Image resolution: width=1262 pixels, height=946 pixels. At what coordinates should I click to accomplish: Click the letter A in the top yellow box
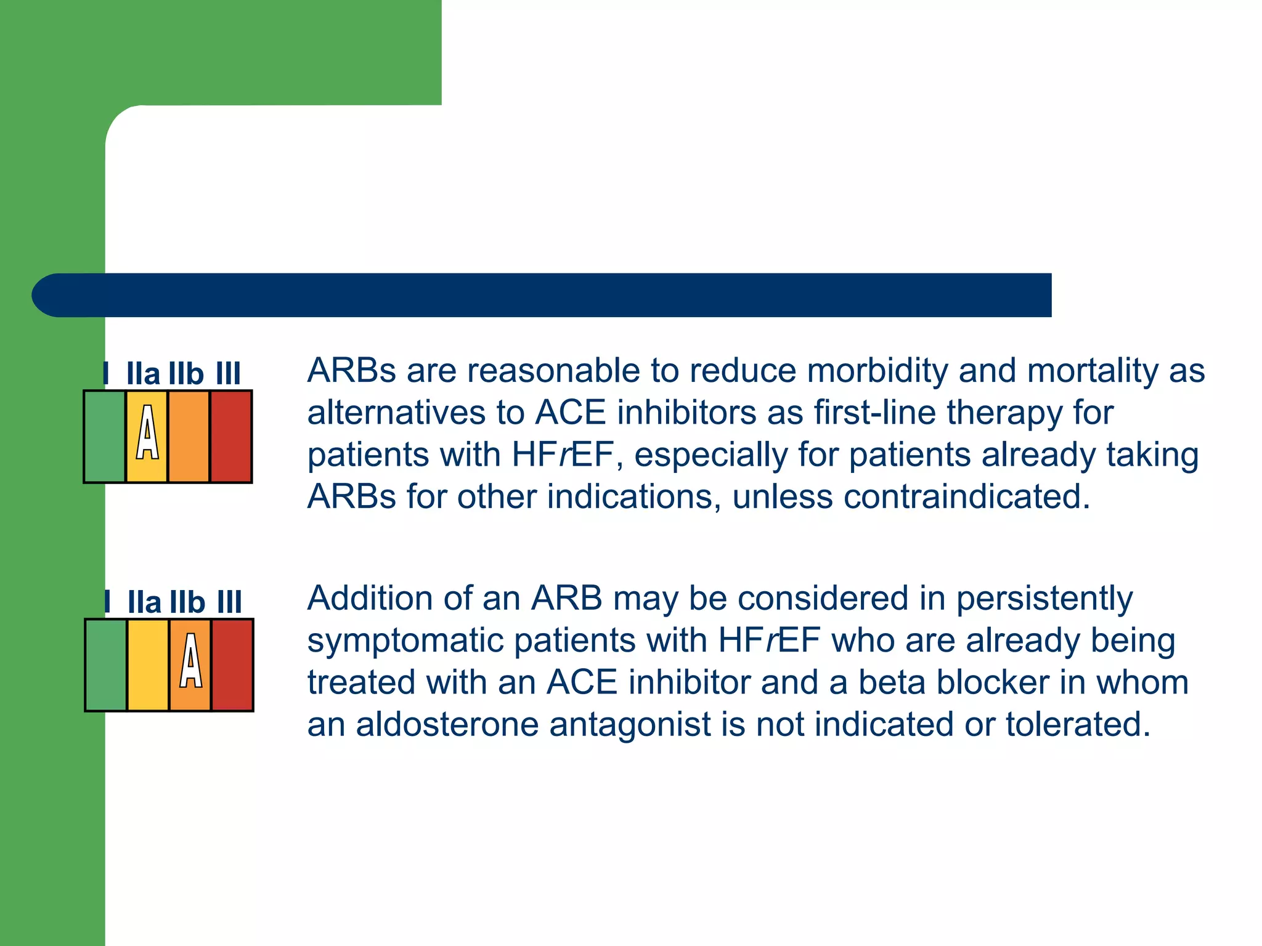point(147,433)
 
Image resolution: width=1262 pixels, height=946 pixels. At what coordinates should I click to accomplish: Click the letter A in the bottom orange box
point(190,661)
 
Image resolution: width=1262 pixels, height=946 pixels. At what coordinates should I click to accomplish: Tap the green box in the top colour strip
point(105,437)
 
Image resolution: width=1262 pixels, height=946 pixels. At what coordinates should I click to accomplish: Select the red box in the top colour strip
point(231,437)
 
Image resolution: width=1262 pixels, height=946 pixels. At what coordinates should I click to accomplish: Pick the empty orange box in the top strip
point(189,437)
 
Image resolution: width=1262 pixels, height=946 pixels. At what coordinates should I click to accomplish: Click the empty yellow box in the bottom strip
point(148,665)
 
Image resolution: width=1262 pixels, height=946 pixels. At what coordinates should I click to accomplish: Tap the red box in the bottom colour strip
point(232,665)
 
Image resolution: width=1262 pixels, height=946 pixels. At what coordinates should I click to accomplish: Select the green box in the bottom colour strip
point(106,665)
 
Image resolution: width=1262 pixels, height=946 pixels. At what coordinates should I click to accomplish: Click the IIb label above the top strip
point(186,374)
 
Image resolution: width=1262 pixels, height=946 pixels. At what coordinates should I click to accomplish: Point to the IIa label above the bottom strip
point(144,602)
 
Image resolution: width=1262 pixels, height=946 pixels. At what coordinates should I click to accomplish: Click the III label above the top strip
point(228,374)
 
